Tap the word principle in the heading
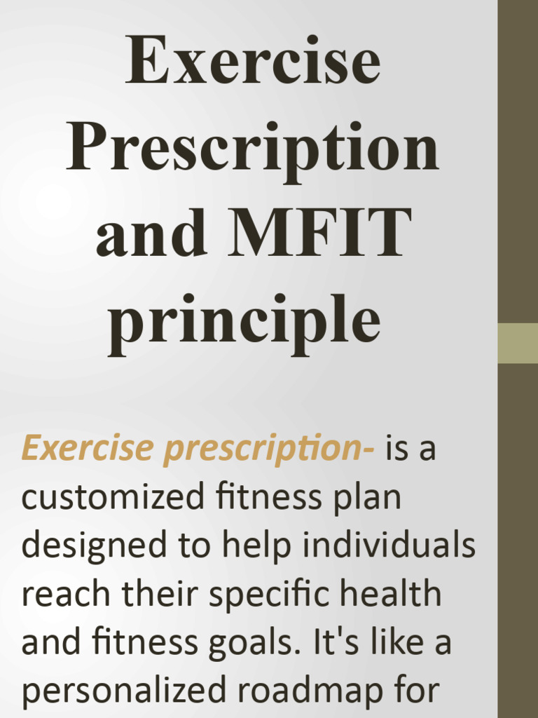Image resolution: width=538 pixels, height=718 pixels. (244, 320)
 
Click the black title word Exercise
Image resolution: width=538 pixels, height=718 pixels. (253, 62)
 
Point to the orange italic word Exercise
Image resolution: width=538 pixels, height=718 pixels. (87, 449)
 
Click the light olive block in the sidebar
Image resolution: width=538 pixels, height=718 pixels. (518, 343)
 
